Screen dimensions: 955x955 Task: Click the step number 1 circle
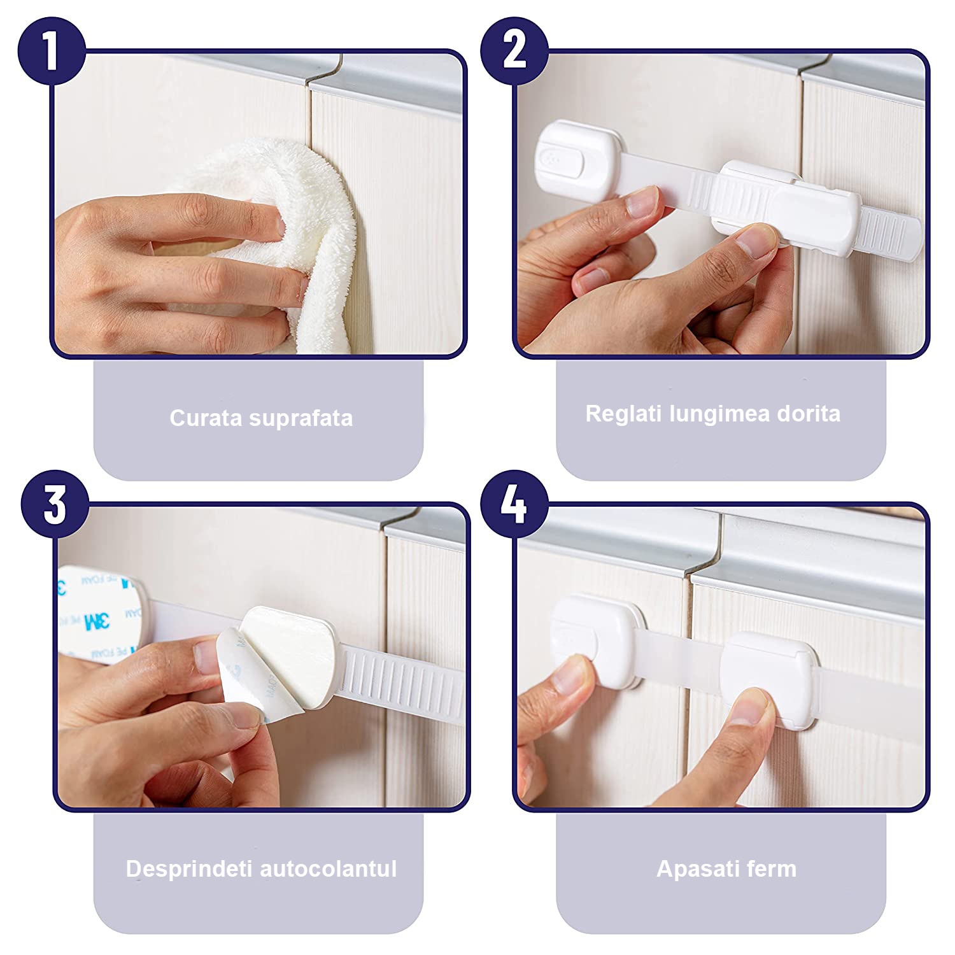point(52,51)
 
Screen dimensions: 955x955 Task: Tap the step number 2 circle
point(514,51)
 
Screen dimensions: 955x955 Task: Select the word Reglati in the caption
point(623,414)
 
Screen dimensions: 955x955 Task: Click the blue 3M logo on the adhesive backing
point(96,621)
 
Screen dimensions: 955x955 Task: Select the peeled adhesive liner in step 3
point(245,675)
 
